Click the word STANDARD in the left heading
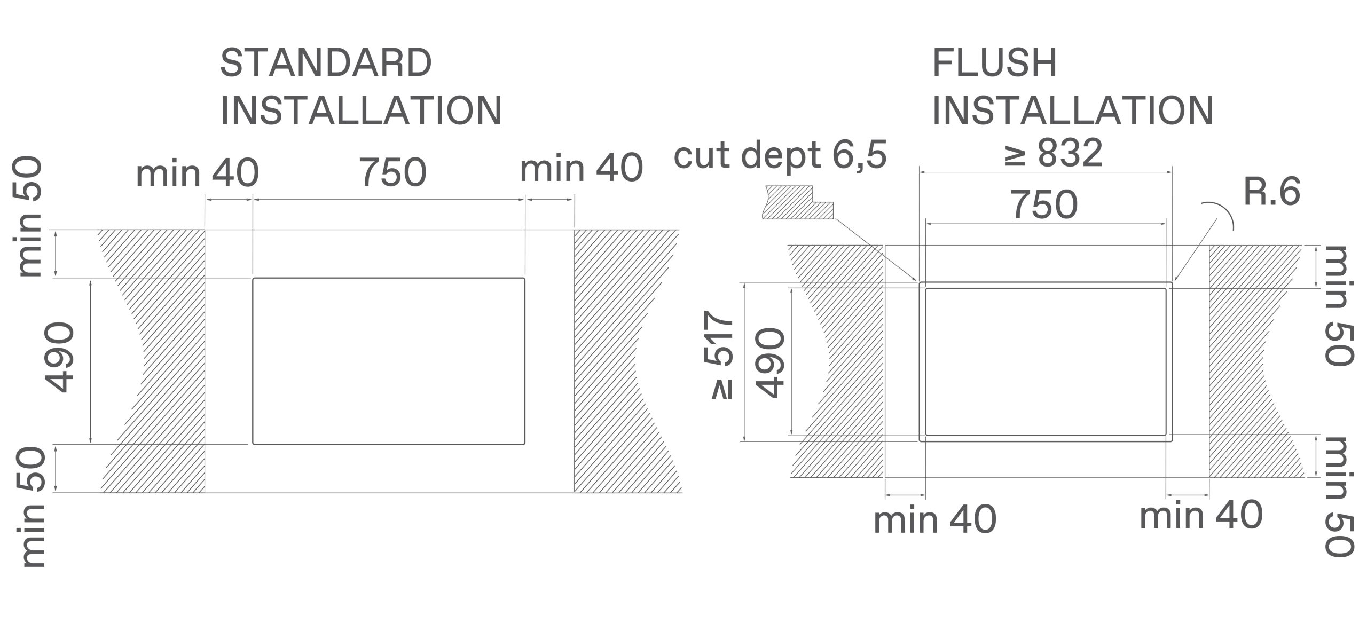point(326,63)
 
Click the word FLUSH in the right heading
point(994,63)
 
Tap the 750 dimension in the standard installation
point(393,172)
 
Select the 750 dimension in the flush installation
point(1044,205)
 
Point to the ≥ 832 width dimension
point(1053,153)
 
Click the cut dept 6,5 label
point(780,155)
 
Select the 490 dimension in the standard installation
point(58,357)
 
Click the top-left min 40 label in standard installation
point(198,173)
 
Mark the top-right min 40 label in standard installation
point(582,168)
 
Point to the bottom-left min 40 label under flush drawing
point(935,519)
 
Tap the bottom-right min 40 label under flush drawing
point(1201,515)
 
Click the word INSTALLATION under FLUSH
point(1073,111)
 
